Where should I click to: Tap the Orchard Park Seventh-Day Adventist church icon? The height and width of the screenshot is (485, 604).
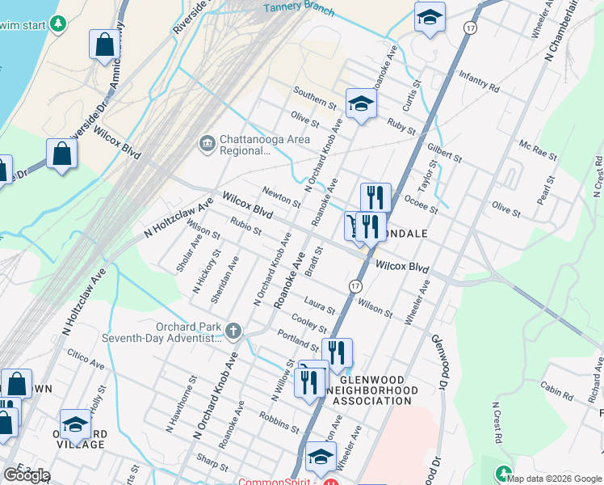pos(233,330)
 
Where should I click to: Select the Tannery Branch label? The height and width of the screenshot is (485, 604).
pos(299,8)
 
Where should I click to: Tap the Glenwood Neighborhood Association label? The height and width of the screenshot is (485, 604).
pos(380,390)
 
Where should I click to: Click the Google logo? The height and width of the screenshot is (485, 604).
pos(26,475)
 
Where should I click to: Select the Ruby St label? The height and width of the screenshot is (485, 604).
pos(401,125)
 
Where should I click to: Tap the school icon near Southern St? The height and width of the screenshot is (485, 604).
pos(361,103)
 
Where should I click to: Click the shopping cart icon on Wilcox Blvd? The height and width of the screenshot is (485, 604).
pos(354,226)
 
